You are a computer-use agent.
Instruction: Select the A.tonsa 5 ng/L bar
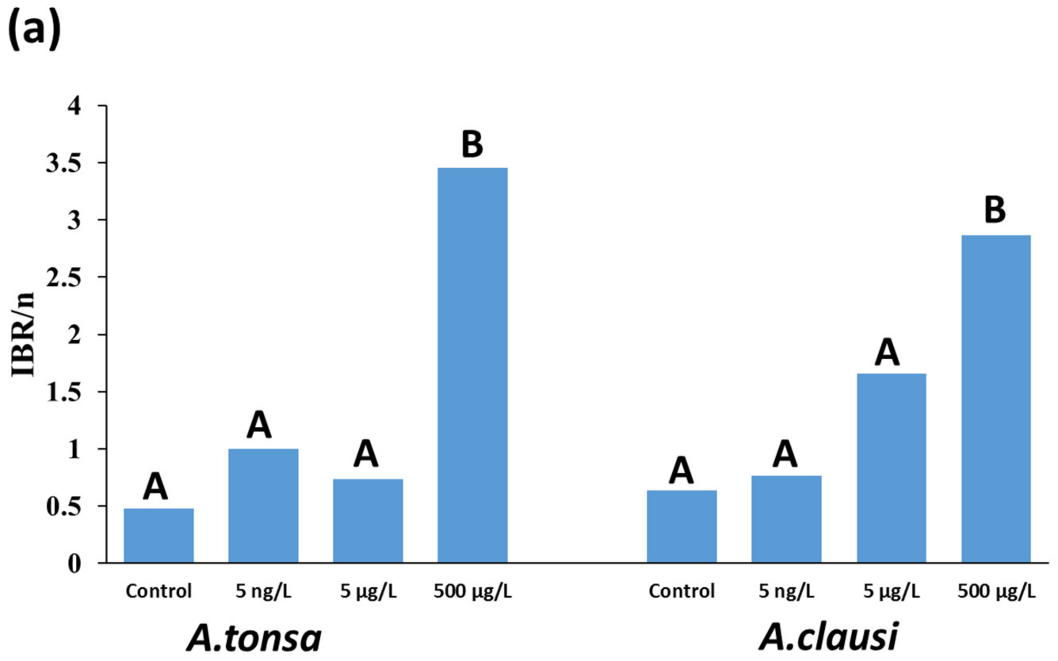[x=263, y=505]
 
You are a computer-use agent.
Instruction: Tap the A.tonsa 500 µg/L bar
[x=472, y=365]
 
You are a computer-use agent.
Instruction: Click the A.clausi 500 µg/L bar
[x=996, y=399]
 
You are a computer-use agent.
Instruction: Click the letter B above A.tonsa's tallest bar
[x=472, y=144]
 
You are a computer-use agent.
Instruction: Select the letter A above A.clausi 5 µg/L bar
[x=887, y=352]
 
